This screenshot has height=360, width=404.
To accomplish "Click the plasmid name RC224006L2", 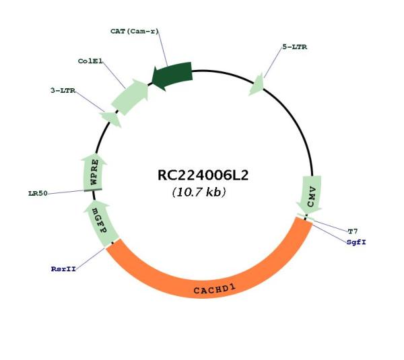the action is pos(203,175).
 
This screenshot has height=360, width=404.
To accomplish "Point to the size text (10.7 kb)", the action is pos(199,192).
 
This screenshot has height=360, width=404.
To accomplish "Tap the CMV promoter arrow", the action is pos(310,194).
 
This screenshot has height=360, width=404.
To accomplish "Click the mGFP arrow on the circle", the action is pos(100,223).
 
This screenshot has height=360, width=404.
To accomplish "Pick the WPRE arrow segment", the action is pos(93,172).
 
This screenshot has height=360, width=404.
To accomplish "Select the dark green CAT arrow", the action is pos(172,75).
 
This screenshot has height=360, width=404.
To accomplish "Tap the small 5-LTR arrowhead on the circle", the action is pos(257,85).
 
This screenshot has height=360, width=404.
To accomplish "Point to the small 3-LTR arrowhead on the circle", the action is pos(112,118).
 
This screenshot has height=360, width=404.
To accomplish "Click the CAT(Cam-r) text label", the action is pos(135,32).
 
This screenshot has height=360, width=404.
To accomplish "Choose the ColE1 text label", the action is pos(90,61).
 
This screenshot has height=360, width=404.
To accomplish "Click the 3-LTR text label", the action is pos(63,91).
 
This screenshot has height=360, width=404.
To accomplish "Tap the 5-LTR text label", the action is pos(295,47).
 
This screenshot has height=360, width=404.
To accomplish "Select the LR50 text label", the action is pos(38,193).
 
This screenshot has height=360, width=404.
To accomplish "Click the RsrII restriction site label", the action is pos(63,269).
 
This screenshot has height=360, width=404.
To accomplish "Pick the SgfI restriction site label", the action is pos(356,242).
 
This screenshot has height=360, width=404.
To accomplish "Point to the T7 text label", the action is pos(353,231).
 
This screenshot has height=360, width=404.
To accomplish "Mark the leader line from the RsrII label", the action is pos(90,258).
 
